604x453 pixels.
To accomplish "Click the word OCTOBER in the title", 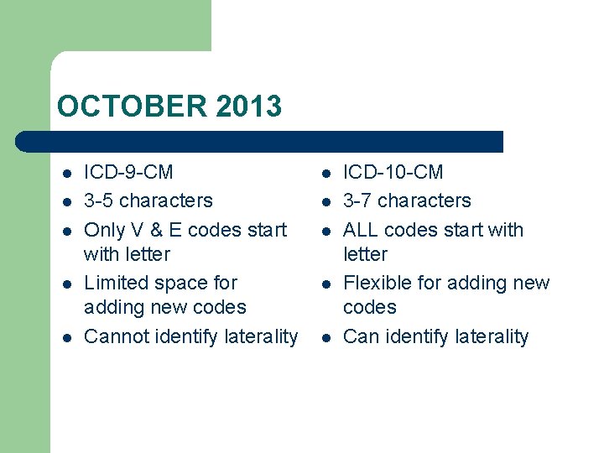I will click(x=133, y=107).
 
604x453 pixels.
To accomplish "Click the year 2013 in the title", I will click(x=248, y=107).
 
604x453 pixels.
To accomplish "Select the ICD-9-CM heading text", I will click(x=128, y=173).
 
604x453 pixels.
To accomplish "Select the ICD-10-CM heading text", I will click(x=393, y=173).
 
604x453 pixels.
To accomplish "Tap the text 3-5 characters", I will click(x=148, y=201).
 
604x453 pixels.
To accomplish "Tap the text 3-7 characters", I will click(x=407, y=201).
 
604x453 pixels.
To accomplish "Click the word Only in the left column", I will click(x=104, y=230).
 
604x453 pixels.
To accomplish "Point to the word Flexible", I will click(x=377, y=284).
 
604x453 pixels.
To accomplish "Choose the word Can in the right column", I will click(x=362, y=337).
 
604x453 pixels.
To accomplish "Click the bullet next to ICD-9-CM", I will click(x=65, y=174).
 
